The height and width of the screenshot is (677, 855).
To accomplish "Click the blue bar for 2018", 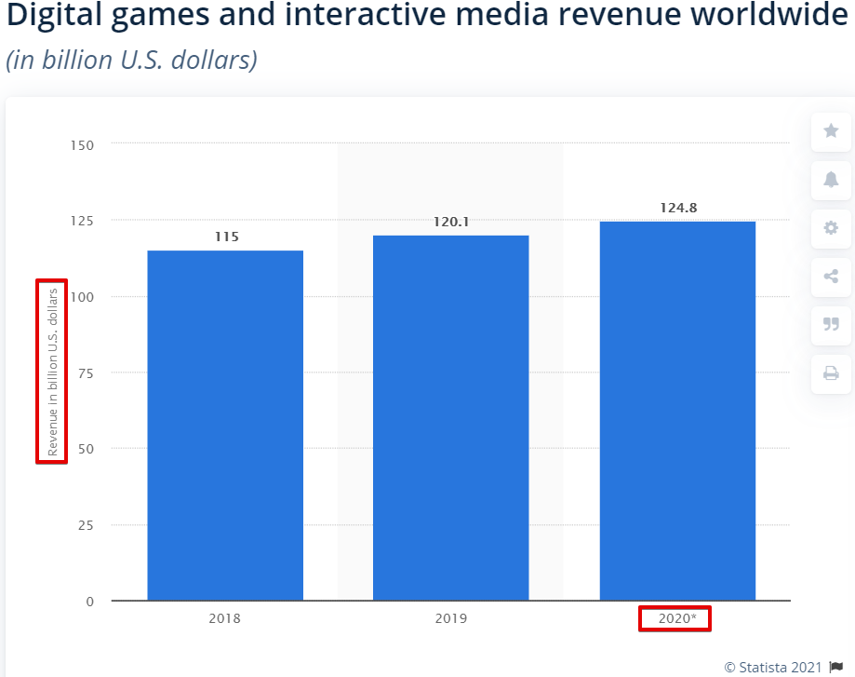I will pyautogui.click(x=225, y=425).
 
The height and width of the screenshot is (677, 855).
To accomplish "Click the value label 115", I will pyautogui.click(x=226, y=237).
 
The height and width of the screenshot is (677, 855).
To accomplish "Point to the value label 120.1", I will pyautogui.click(x=451, y=222).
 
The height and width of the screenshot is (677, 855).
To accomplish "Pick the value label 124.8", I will pyautogui.click(x=678, y=208).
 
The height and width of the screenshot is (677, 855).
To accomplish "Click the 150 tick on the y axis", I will pyautogui.click(x=83, y=144).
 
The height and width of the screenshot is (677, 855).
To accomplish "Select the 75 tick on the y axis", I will pyautogui.click(x=86, y=372).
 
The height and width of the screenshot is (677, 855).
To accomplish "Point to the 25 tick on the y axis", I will pyautogui.click(x=86, y=525).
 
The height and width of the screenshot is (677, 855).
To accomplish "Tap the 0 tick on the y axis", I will pyautogui.click(x=89, y=602).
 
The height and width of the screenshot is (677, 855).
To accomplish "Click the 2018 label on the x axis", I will pyautogui.click(x=225, y=618).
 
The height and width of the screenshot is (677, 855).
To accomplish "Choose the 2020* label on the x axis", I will pyautogui.click(x=675, y=618).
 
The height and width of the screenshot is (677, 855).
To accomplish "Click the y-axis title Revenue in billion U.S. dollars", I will pyautogui.click(x=52, y=371).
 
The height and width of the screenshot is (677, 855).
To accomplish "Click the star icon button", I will pyautogui.click(x=831, y=131).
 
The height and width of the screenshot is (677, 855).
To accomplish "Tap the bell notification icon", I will pyautogui.click(x=831, y=179).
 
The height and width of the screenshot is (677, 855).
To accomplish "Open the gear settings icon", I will pyautogui.click(x=831, y=228).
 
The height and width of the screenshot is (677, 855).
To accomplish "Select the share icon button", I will pyautogui.click(x=831, y=276).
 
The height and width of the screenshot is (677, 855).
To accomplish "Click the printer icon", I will pyautogui.click(x=831, y=373).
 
